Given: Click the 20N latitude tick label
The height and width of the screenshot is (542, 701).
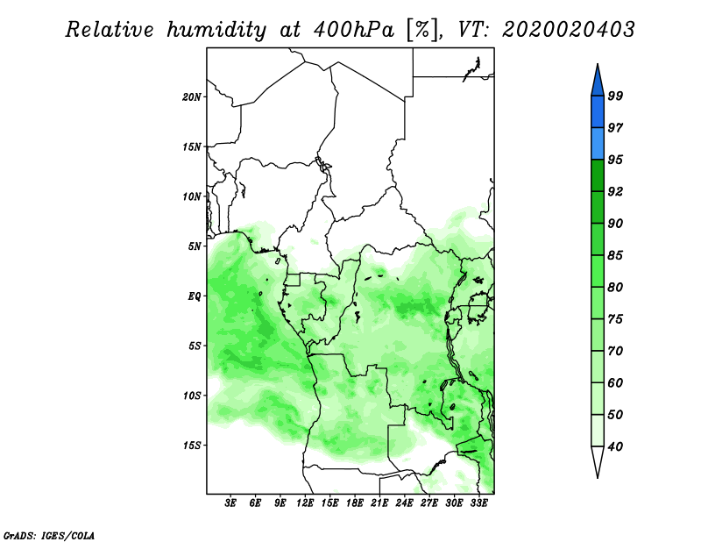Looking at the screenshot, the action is click(x=192, y=96).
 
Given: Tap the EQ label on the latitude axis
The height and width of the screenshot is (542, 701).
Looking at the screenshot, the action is click(x=194, y=296).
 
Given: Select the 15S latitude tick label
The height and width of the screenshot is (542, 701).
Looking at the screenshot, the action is click(x=192, y=446).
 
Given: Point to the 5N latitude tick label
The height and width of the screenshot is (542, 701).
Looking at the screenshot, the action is click(x=195, y=246).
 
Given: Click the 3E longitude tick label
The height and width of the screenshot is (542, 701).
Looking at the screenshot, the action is click(x=230, y=503).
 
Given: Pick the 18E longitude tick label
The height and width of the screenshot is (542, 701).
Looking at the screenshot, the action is click(x=355, y=503).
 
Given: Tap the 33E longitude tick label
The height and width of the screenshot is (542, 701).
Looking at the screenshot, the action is click(x=478, y=503).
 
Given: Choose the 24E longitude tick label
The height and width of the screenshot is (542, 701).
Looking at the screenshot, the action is click(x=404, y=503).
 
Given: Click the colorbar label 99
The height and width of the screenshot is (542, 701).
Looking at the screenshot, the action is click(x=615, y=96).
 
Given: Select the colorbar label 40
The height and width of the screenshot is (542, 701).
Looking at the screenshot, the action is click(x=615, y=446).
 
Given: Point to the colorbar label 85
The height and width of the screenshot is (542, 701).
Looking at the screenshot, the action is click(x=615, y=255).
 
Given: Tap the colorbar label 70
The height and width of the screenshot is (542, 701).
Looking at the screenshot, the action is click(x=615, y=351).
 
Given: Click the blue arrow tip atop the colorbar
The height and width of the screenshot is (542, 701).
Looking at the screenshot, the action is click(x=598, y=64).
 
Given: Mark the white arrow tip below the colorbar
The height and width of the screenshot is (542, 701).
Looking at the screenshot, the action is click(x=598, y=477).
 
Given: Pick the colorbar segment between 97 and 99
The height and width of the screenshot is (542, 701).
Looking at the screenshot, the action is click(x=598, y=112).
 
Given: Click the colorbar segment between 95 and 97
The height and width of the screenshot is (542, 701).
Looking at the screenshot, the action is click(x=598, y=144).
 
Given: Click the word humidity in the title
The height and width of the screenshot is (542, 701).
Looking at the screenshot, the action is click(x=216, y=31).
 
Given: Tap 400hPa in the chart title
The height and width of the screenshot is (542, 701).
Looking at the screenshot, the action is click(x=354, y=30).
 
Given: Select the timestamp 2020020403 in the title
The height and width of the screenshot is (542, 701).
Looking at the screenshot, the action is click(x=568, y=30).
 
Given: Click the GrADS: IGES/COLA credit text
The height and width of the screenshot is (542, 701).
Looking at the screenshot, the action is click(x=49, y=535).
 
